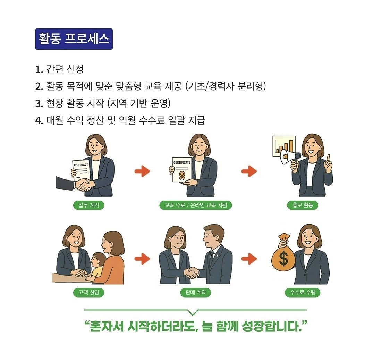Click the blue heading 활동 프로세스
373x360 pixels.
coord(74,39)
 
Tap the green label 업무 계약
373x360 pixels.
coord(88,205)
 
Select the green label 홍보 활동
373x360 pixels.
coord(303,205)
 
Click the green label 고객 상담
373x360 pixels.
coord(88,292)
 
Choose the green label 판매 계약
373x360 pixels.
coord(196,292)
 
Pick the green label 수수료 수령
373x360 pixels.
coord(303,292)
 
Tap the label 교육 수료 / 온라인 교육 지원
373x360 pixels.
coord(196,205)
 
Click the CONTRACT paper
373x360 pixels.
coord(80,172)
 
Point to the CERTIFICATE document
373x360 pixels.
coord(182,169)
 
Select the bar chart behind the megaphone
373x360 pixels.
coord(284,146)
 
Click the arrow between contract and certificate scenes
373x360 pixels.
coord(142,171)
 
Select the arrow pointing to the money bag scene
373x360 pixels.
coord(249,259)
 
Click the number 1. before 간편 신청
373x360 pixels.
coord(39,69)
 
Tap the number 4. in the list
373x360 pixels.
coord(39,120)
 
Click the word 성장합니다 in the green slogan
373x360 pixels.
coord(272,326)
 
